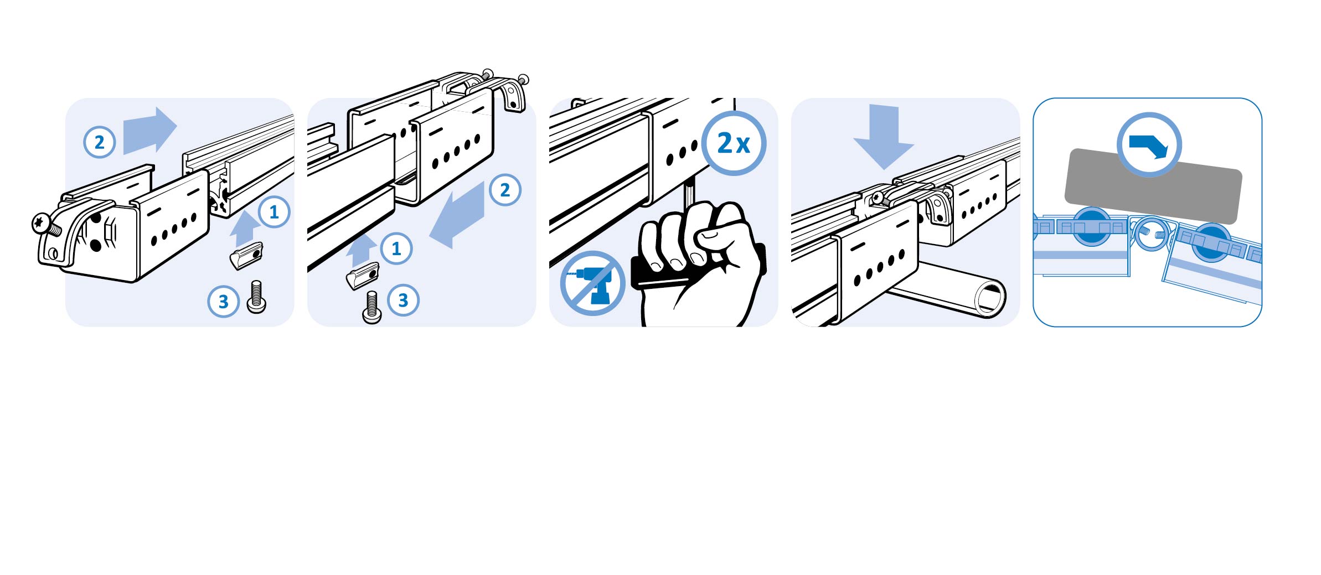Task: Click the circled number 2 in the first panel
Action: (x=100, y=142)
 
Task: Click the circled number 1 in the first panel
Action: (x=274, y=211)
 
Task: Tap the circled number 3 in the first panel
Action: (x=223, y=302)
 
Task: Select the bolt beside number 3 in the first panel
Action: (x=256, y=297)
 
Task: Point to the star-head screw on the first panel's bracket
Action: (x=41, y=223)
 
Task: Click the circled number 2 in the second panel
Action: (x=505, y=190)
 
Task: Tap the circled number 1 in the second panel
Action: (x=396, y=248)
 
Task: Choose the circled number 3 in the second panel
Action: (x=403, y=300)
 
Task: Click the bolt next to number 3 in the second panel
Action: (x=371, y=307)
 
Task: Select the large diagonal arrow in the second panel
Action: (x=457, y=215)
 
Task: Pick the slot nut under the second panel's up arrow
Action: (x=363, y=276)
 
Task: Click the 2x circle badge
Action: (x=734, y=143)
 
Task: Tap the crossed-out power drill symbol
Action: (x=592, y=283)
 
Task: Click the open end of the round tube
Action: (x=990, y=299)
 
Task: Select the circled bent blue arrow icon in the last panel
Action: (x=1149, y=145)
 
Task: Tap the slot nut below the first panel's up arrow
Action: (x=246, y=256)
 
